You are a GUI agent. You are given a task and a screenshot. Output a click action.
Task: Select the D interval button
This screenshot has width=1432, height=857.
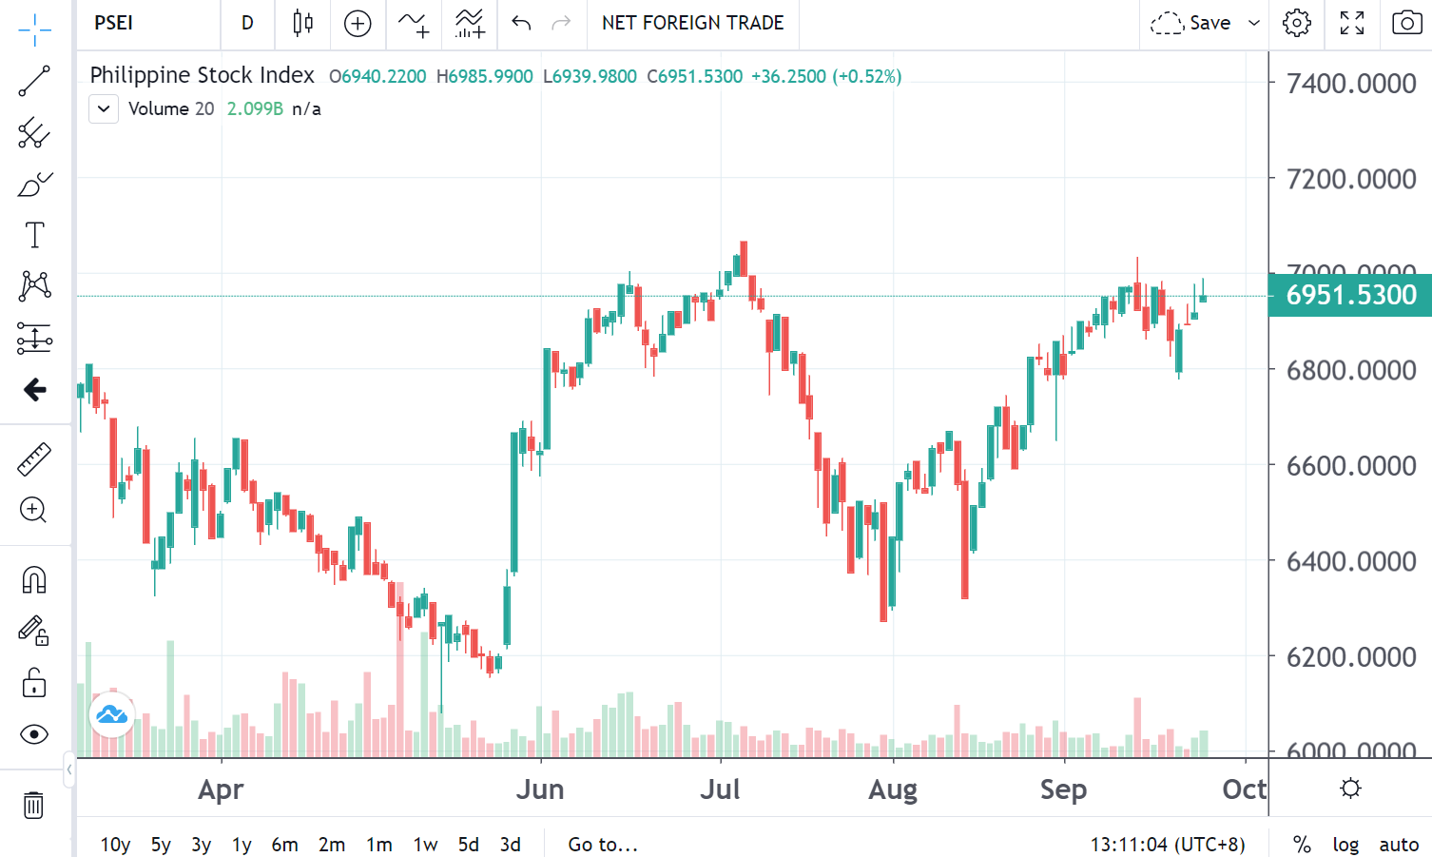(247, 23)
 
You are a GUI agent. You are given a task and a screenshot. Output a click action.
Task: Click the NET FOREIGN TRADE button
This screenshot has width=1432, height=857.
(692, 23)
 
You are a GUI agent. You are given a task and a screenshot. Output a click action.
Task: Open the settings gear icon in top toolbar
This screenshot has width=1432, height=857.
(1296, 23)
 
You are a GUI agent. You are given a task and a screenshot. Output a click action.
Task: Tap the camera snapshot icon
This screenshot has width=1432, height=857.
(1406, 23)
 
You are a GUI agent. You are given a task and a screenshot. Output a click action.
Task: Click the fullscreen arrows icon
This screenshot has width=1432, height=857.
(1351, 23)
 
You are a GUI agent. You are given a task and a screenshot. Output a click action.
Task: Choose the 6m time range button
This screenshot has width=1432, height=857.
(284, 845)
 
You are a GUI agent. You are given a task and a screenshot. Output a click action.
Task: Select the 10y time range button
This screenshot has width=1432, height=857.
(115, 845)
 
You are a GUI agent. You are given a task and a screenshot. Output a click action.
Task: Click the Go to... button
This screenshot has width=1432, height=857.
(603, 845)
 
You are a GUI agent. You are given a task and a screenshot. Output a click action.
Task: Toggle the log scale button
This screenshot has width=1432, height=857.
(1345, 845)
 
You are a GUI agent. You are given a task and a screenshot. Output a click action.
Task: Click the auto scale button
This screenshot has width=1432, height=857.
(1399, 845)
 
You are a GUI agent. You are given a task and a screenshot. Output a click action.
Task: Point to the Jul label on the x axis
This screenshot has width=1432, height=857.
(720, 789)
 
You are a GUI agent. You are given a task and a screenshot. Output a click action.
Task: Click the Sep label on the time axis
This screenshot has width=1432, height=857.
(1063, 789)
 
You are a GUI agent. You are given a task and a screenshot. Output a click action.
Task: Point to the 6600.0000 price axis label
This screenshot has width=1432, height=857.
(1351, 466)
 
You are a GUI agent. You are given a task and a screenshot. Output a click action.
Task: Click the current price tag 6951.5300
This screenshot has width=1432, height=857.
(1350, 295)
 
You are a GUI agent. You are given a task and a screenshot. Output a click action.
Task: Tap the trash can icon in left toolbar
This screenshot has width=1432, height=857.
(33, 806)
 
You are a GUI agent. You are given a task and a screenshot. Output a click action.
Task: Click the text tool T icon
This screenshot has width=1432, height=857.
(34, 235)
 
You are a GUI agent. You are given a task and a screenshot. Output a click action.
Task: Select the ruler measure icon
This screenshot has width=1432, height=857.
(34, 459)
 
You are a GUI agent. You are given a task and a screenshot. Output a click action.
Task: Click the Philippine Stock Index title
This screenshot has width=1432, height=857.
(202, 75)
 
